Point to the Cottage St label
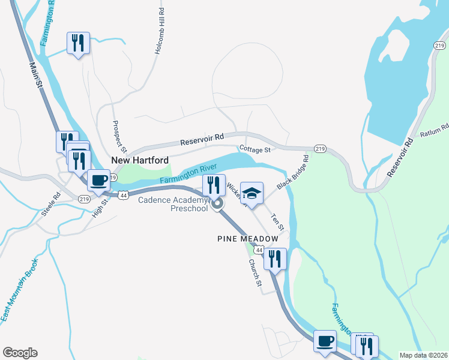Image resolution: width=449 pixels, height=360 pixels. pos(256,148)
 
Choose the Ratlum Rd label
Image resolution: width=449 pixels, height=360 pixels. pos(435,131)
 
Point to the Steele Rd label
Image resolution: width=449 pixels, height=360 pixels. pos(52,204)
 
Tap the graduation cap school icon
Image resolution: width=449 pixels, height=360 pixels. pos(252,193)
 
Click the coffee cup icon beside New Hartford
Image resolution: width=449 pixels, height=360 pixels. pos(98,179)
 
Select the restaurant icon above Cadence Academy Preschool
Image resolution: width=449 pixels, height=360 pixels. pos(214,184)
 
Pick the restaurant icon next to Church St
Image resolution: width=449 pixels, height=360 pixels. pos(275,258)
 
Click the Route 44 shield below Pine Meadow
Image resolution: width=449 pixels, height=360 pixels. pos(259,249)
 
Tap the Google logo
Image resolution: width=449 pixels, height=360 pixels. pos(20,353)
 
